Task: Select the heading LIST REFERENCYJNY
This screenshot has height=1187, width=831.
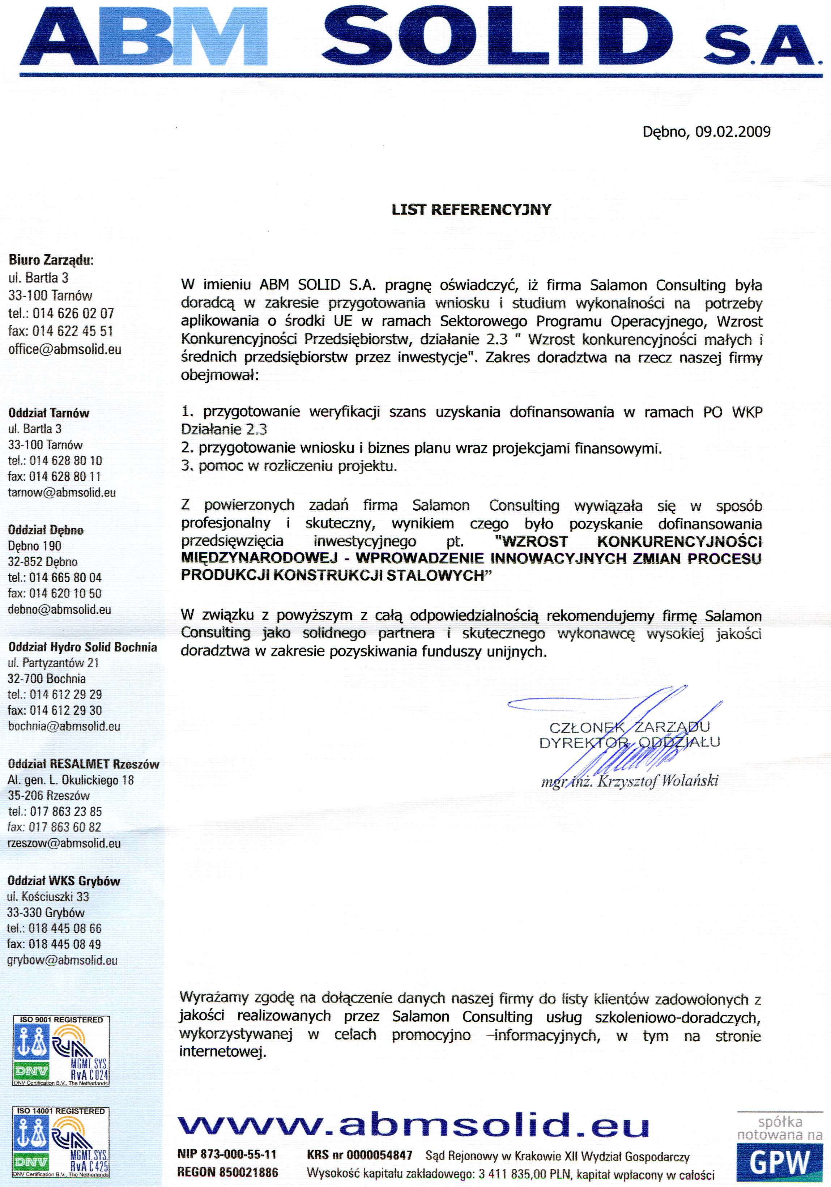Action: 471,209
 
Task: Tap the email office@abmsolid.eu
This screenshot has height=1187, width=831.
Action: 65,349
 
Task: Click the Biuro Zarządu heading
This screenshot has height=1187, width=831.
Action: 51,260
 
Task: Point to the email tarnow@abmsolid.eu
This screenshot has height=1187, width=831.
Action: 61,492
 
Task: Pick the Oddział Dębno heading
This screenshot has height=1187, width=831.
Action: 46,530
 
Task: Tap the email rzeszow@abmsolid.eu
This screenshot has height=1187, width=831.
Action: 64,843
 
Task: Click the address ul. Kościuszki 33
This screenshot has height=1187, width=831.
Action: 47,897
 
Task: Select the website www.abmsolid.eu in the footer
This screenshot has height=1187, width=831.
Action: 413,1126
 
